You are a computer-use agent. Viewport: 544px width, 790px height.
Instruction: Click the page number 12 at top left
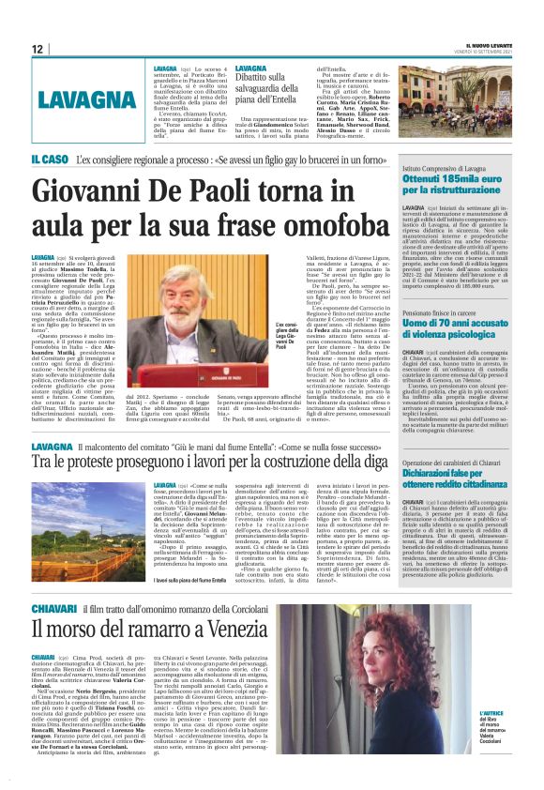(x=38, y=49)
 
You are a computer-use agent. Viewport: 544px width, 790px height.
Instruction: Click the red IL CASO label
(x=50, y=160)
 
